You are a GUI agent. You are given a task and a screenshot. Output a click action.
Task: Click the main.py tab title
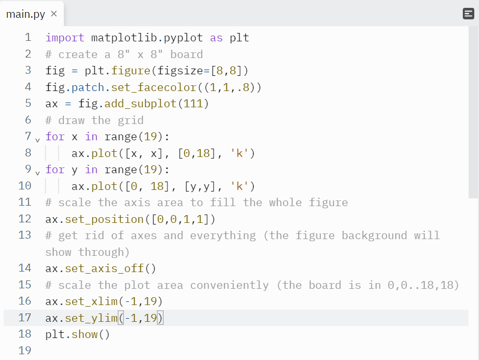pyautogui.click(x=26, y=14)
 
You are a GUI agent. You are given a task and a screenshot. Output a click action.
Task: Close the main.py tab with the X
pyautogui.click(x=54, y=14)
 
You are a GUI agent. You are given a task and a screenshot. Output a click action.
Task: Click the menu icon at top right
pyautogui.click(x=469, y=14)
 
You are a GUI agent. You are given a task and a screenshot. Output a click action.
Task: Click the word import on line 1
pyautogui.click(x=65, y=38)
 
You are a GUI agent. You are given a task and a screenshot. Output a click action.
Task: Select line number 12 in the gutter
pyautogui.click(x=25, y=219)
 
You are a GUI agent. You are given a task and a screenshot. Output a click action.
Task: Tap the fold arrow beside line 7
pyautogui.click(x=37, y=140)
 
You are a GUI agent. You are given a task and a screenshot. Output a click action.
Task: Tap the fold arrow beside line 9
pyautogui.click(x=37, y=173)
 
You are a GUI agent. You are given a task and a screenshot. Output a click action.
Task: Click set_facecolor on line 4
pyautogui.click(x=141, y=87)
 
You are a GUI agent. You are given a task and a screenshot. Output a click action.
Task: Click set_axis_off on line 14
pyautogui.click(x=104, y=268)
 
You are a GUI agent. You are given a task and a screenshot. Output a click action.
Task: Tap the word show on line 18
pyautogui.click(x=85, y=334)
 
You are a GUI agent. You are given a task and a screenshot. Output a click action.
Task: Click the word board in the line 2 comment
pyautogui.click(x=187, y=54)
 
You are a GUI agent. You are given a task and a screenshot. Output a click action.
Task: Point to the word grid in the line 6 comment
pyautogui.click(x=131, y=120)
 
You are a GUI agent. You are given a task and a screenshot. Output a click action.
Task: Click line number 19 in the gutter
pyautogui.click(x=25, y=351)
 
